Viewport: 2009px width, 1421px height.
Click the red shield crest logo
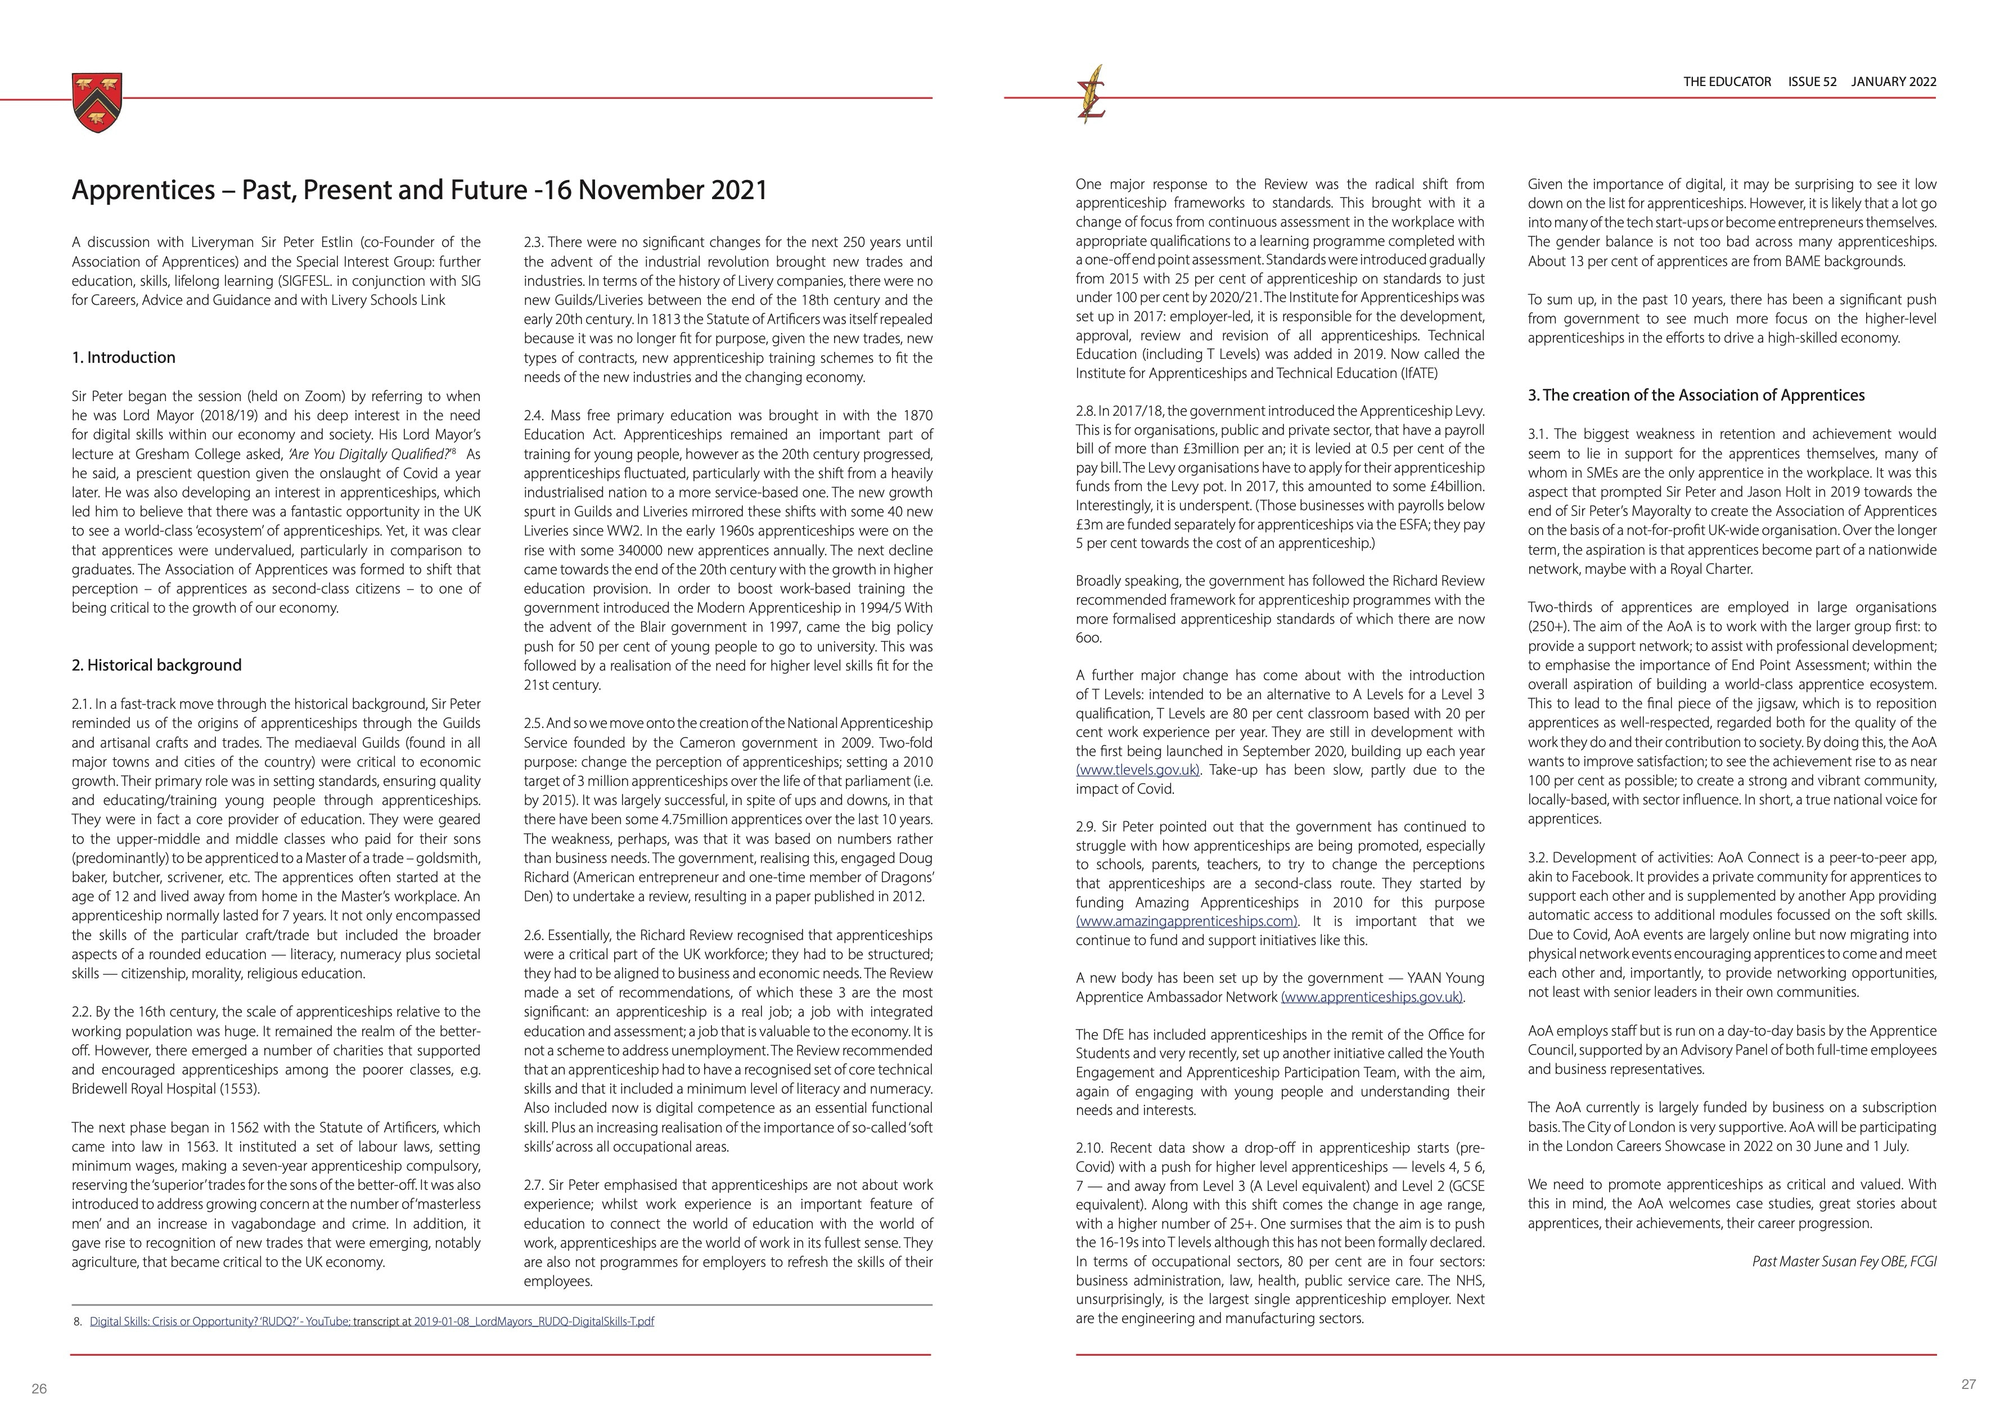tap(97, 102)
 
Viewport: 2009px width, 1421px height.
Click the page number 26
tap(38, 1388)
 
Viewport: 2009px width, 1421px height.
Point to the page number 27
tap(1968, 1384)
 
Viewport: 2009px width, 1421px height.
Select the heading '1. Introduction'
tap(123, 357)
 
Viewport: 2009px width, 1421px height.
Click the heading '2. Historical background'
tap(156, 665)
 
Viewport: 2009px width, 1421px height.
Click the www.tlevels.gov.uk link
tap(1137, 770)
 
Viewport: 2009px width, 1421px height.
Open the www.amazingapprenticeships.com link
tap(1187, 921)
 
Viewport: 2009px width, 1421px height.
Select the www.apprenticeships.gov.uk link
tap(1372, 997)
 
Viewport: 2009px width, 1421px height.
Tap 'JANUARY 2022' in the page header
tap(1894, 82)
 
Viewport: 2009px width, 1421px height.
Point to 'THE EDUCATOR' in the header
tap(1727, 82)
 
